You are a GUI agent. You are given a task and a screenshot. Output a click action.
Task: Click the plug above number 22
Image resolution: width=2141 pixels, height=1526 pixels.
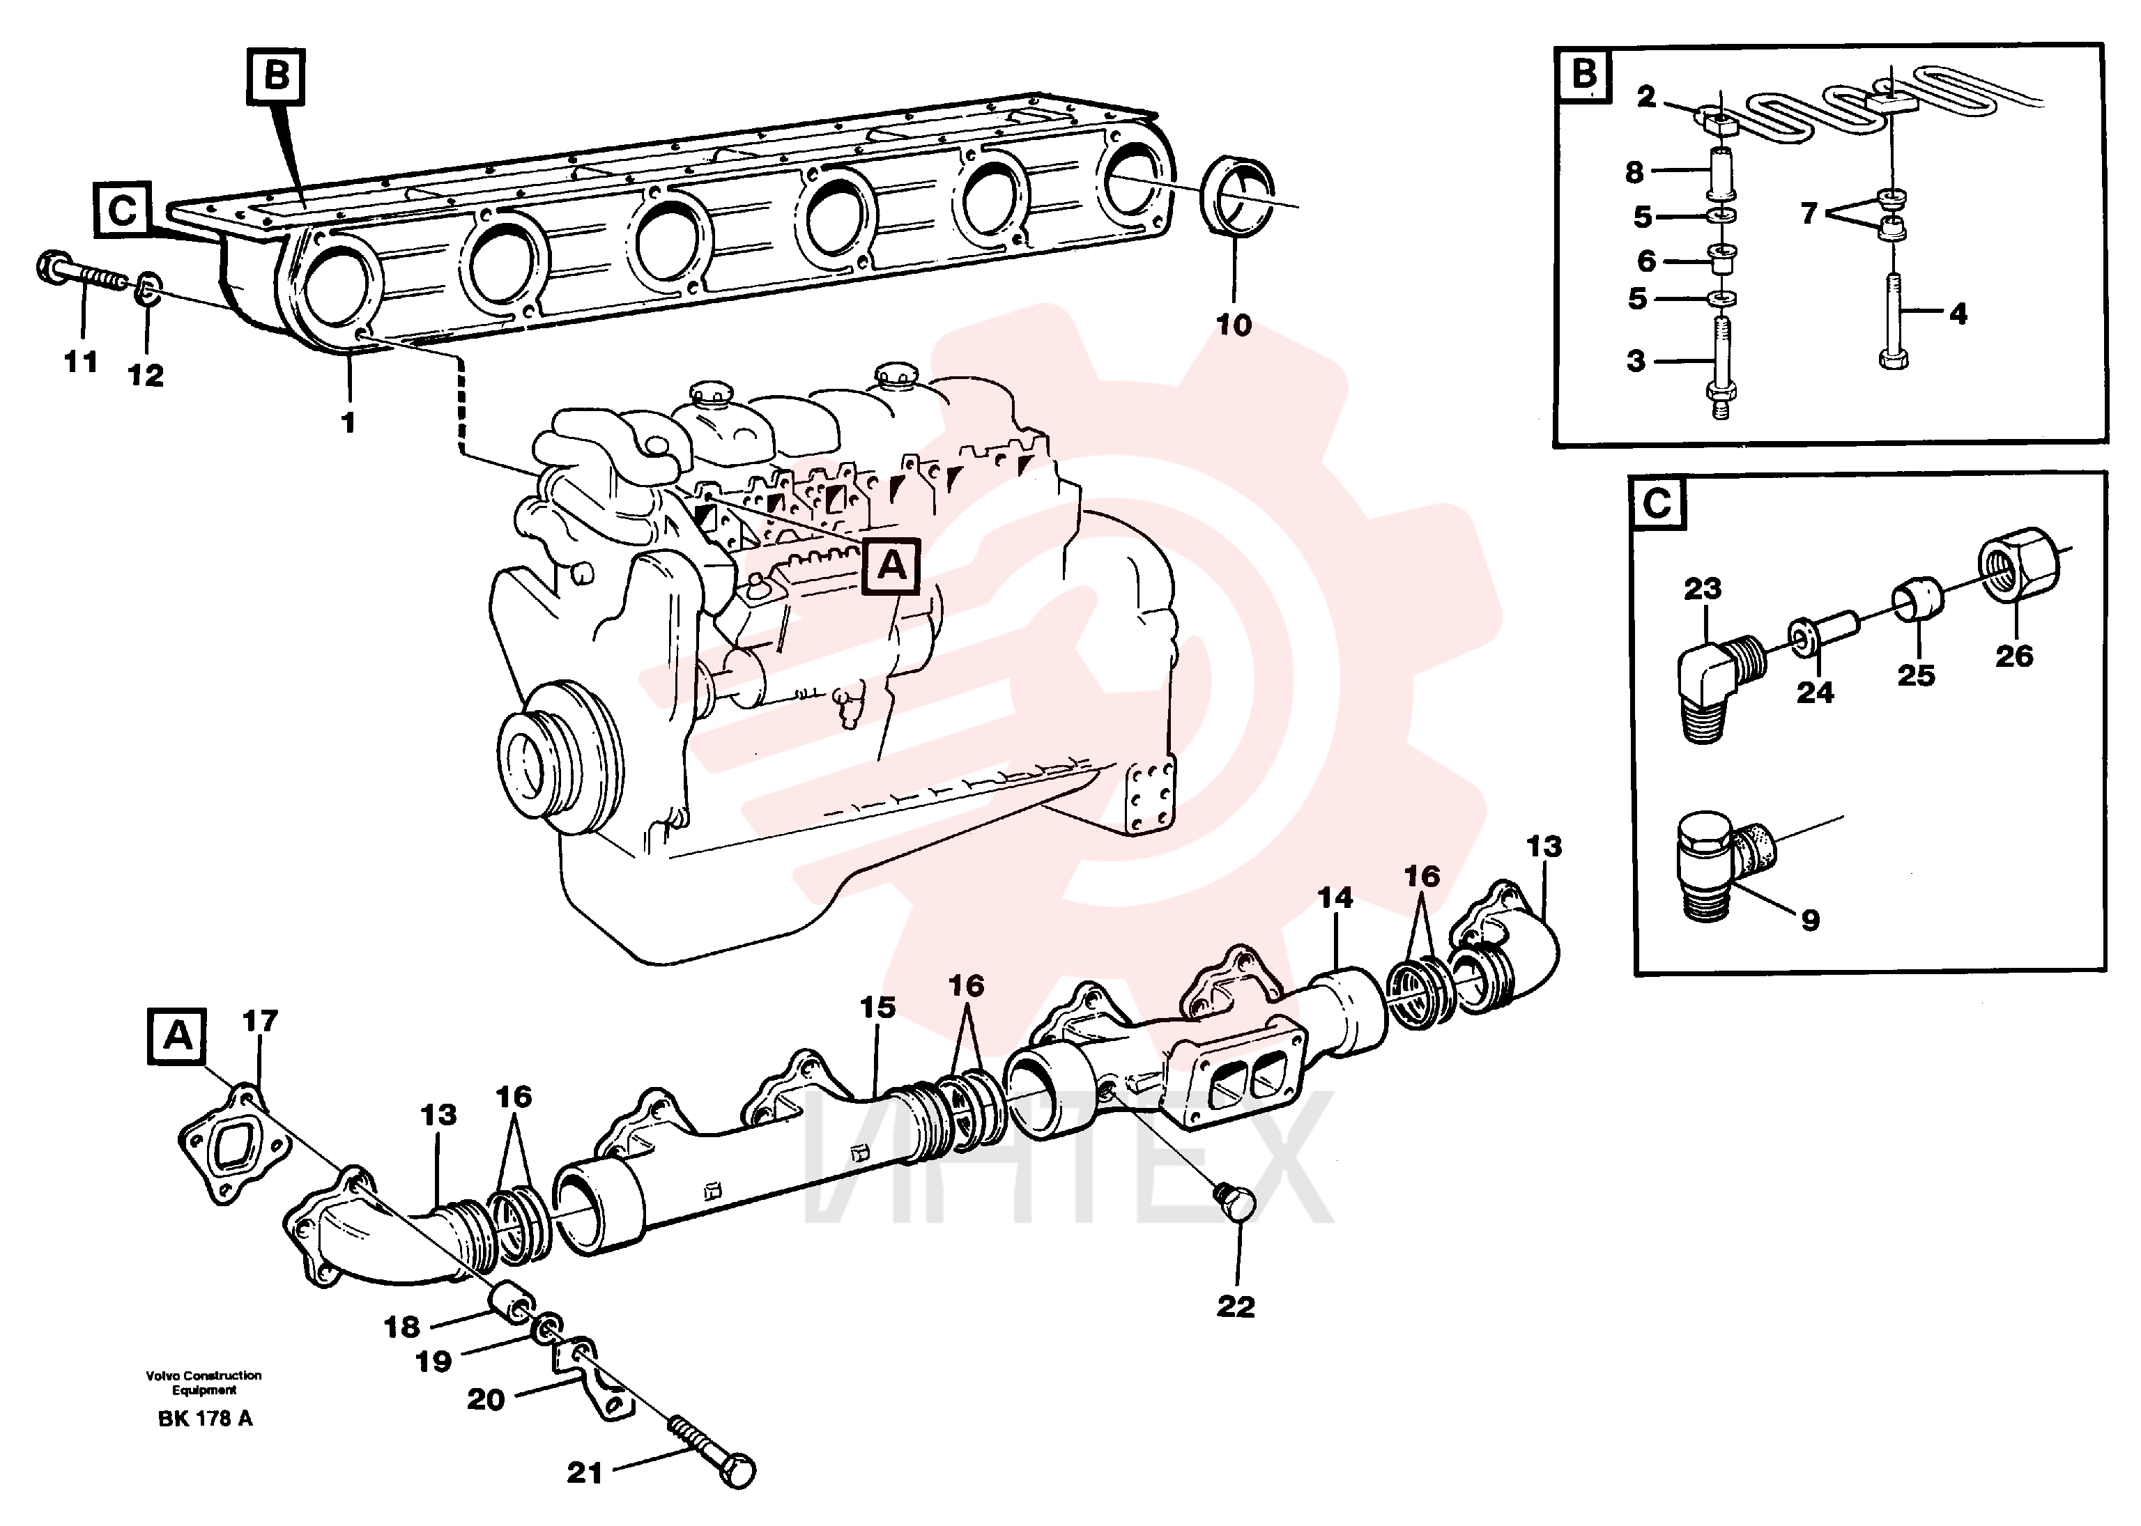(1235, 1203)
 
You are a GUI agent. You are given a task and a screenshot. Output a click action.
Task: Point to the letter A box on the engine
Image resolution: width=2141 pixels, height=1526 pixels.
(891, 567)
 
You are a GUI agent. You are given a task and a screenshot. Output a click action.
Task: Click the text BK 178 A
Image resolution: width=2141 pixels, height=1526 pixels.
(205, 1418)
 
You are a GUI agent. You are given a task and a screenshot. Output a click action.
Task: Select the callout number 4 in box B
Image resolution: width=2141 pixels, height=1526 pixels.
(1958, 313)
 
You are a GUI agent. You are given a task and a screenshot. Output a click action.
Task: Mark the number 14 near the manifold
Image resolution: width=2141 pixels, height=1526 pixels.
(1335, 897)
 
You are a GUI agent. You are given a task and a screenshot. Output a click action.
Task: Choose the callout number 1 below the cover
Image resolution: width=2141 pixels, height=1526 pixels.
(348, 423)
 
